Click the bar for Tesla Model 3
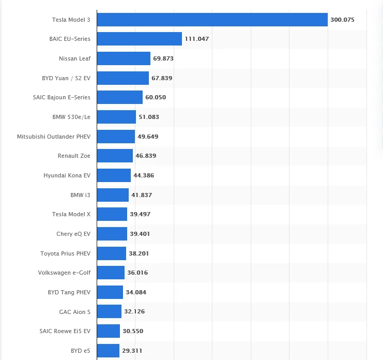pyautogui.click(x=212, y=20)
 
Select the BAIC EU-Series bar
pyautogui.click(x=140, y=39)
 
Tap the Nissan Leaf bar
pyautogui.click(x=124, y=58)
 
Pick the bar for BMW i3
pyautogui.click(x=113, y=195)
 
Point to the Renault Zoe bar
pyautogui.click(x=115, y=156)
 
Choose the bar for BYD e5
pyautogui.click(x=108, y=351)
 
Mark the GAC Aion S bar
pyautogui.click(x=109, y=311)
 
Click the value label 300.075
pyautogui.click(x=342, y=20)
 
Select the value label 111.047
pyautogui.click(x=196, y=39)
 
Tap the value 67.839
pyautogui.click(x=162, y=78)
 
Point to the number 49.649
pyautogui.click(x=148, y=137)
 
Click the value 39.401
pyautogui.click(x=140, y=234)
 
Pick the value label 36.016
pyautogui.click(x=137, y=273)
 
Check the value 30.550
pyautogui.click(x=133, y=331)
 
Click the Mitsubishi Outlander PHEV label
pyautogui.click(x=54, y=137)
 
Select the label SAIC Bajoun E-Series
pyautogui.click(x=62, y=97)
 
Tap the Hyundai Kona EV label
pyautogui.click(x=67, y=175)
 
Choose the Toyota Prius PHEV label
pyautogui.click(x=65, y=253)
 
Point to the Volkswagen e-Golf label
pyautogui.click(x=64, y=273)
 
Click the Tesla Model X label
pyautogui.click(x=71, y=214)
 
